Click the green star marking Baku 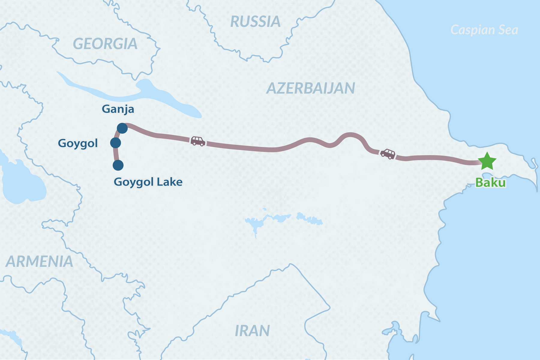pos(487,161)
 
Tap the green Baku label pos(490,182)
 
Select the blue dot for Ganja pos(122,128)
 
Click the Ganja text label pos(118,109)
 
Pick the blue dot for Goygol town pos(115,143)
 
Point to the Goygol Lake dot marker pos(118,165)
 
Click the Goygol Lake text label pos(148,182)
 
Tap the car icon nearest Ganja pos(198,141)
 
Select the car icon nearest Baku pos(388,154)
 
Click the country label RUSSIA pos(255,22)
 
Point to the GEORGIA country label pos(105,44)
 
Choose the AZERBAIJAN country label pos(310,88)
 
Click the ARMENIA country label pos(39,262)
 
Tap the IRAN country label pos(252,331)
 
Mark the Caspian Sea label pos(484,30)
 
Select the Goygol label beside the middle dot pos(78,143)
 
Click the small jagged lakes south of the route pos(282,218)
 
